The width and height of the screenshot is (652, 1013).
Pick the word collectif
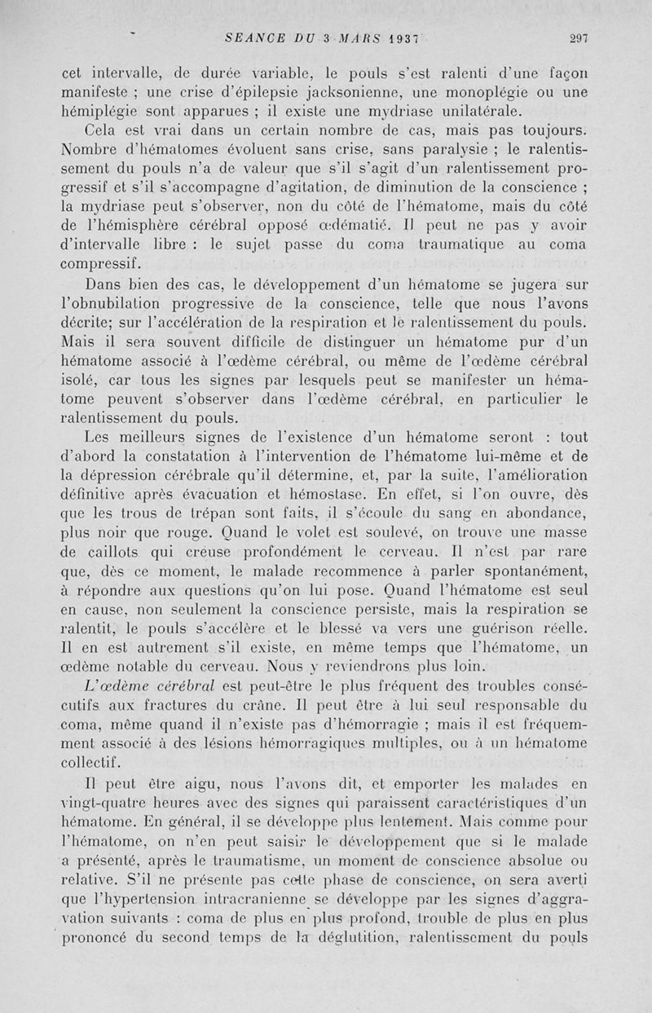(x=95, y=761)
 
